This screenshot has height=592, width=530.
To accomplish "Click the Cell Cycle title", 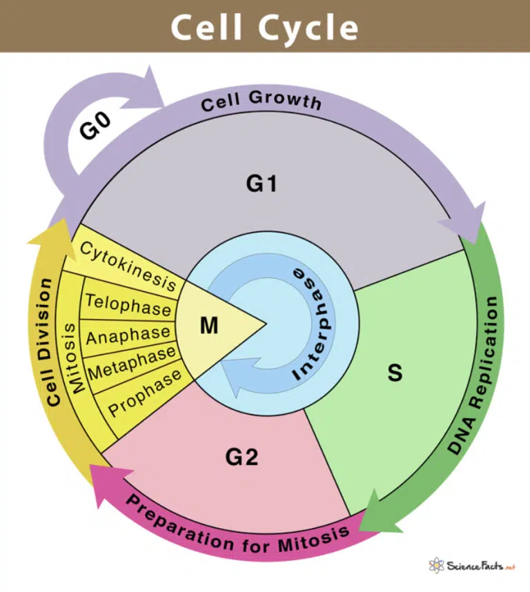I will (265, 27).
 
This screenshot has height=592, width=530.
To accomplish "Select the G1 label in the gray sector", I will (262, 184).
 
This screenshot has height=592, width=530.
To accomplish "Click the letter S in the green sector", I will (395, 373).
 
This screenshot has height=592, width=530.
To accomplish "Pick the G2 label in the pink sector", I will (242, 456).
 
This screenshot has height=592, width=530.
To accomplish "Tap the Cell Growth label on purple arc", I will (261, 101).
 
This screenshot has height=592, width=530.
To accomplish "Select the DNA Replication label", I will (484, 375).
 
